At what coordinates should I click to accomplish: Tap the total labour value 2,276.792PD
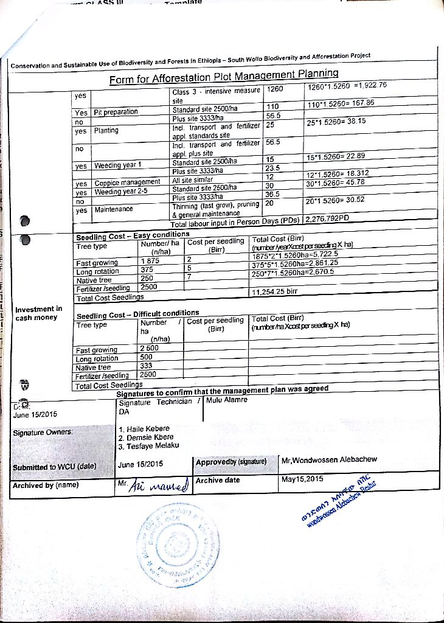pos(328,219)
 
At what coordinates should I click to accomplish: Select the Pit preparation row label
pos(116,112)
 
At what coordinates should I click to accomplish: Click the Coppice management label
pos(127,183)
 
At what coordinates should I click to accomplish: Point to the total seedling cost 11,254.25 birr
pos(274,292)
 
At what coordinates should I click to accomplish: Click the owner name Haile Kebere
pos(145,429)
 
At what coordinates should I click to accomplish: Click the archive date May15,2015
pos(303,479)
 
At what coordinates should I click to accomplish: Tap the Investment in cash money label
pos(38,313)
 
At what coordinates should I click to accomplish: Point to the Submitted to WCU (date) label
pos(55,467)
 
